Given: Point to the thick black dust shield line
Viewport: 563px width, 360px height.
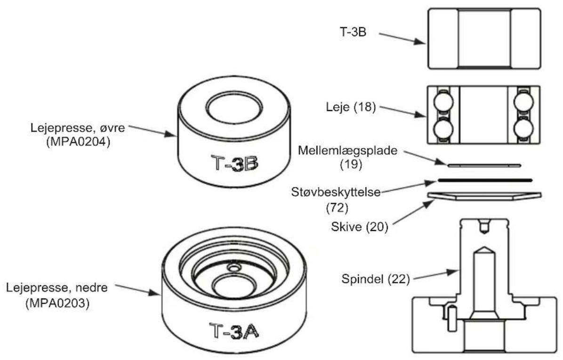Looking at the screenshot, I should tap(484, 180).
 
